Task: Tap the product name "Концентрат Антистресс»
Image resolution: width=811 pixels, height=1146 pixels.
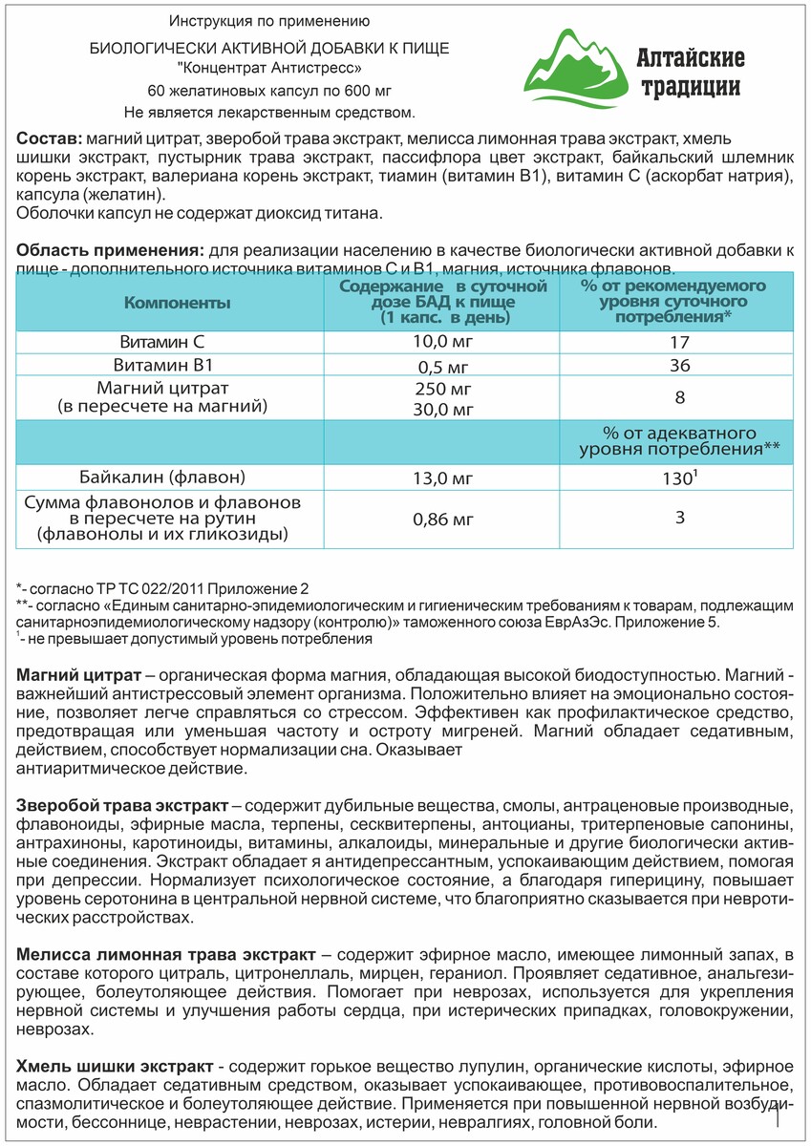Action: pos(269,69)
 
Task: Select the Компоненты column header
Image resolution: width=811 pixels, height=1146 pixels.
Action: pos(178,302)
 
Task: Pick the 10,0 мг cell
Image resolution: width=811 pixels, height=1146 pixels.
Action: pos(442,341)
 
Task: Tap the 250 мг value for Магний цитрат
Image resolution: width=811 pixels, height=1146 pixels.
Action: pos(442,391)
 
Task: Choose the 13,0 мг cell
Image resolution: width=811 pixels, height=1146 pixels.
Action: pos(442,477)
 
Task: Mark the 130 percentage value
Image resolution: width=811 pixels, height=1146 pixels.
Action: pos(676,477)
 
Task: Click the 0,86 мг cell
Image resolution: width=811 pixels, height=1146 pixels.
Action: pos(442,520)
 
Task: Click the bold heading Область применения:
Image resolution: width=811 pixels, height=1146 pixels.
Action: pos(110,250)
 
